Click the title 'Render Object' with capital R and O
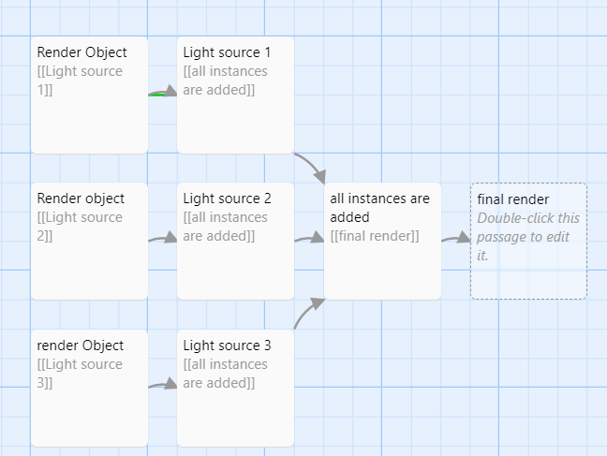81,52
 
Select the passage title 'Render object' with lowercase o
81,199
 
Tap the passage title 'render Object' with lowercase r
80,346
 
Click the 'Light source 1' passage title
227,52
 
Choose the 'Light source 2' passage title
227,199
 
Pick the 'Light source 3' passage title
227,346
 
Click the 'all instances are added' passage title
379,208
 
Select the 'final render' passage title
512,199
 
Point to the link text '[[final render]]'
375,236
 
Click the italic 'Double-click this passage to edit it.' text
528,236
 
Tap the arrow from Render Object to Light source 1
163,93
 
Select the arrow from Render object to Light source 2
163,240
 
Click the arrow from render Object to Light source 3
163,384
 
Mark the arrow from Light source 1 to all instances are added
312,166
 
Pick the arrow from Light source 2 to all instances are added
309,240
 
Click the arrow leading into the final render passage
456,239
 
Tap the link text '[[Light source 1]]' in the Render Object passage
80,81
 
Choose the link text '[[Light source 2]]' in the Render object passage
80,227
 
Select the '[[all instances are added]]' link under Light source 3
225,374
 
